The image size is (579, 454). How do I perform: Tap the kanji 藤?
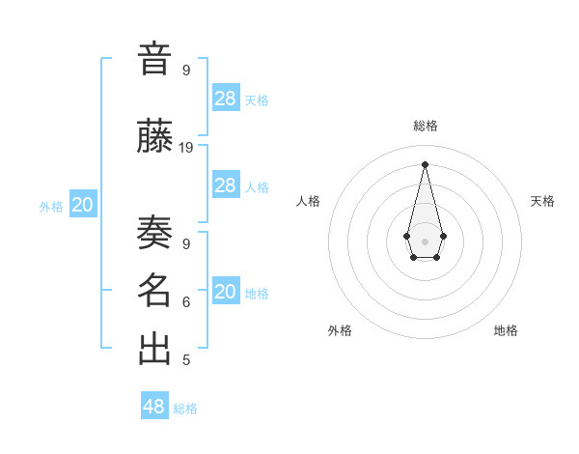(x=154, y=138)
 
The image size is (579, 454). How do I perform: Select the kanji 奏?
(x=154, y=232)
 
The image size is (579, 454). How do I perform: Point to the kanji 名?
(x=154, y=291)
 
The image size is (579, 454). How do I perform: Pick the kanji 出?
(x=154, y=349)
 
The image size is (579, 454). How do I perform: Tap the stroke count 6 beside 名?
(x=186, y=301)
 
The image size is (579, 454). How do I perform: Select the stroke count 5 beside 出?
(x=186, y=360)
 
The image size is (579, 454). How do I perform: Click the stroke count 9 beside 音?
(x=186, y=70)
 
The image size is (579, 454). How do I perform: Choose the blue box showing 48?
(x=154, y=407)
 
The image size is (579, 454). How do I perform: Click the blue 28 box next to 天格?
(x=226, y=99)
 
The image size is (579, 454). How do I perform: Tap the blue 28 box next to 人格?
(x=226, y=185)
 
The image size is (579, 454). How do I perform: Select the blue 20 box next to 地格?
(x=226, y=292)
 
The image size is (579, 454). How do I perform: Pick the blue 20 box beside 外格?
(x=83, y=205)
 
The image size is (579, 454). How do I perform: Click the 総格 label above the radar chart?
(x=426, y=126)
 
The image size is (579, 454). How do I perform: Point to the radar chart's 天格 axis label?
(x=543, y=201)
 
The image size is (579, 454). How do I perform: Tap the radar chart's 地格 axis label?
(x=506, y=330)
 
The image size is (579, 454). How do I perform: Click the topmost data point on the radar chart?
(x=426, y=163)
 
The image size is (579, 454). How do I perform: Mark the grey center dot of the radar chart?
(x=426, y=241)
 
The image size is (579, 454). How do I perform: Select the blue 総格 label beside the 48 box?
(x=185, y=409)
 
